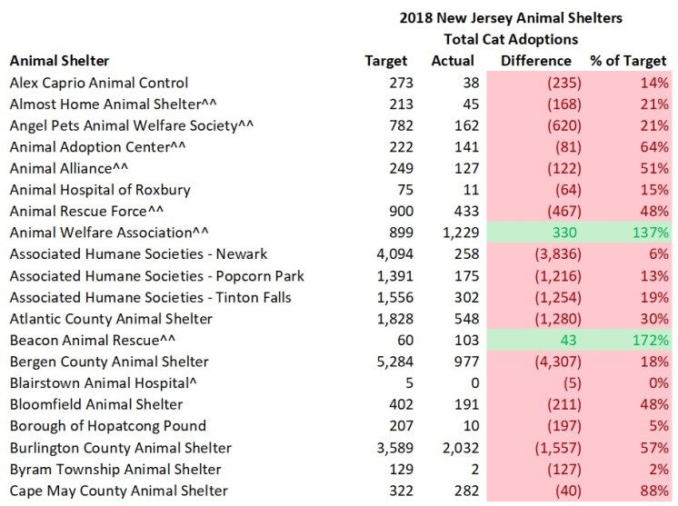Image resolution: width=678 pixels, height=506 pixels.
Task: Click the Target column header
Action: click(385, 61)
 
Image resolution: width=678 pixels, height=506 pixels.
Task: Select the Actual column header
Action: click(454, 61)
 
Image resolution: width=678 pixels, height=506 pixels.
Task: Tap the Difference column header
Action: click(536, 61)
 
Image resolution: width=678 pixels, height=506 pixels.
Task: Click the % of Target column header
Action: click(628, 61)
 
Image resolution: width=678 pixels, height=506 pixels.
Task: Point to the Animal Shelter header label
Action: click(59, 61)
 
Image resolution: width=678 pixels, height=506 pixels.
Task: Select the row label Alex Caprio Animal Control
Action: click(98, 83)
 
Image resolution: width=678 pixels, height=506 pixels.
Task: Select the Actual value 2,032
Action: click(456, 448)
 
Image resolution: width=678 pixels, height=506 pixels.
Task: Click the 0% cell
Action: click(654, 384)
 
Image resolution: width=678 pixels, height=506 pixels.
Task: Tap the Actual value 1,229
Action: click(456, 233)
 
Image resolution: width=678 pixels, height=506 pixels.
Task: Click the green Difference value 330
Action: click(557, 233)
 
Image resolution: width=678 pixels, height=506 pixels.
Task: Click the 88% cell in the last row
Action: click(653, 491)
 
